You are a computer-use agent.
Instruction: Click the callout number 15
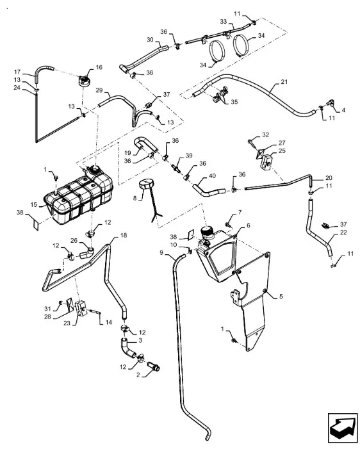coord(34,205)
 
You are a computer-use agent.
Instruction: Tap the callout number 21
coord(284,82)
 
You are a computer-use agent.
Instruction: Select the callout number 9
coord(161,252)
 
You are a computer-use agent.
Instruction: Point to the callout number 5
coord(281,296)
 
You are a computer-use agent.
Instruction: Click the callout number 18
coord(124,235)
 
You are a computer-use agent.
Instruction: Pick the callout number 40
coord(212,176)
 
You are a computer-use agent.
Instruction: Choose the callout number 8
coord(135,198)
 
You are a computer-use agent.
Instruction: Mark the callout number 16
coord(99,67)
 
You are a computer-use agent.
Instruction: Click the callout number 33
coord(224,22)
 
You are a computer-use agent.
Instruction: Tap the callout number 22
coord(343,232)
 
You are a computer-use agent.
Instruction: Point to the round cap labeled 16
coord(84,80)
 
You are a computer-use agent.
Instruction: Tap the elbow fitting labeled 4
coord(331,102)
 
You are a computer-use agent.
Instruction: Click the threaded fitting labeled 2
coord(153,366)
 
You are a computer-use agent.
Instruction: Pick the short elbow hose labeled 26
coord(86,252)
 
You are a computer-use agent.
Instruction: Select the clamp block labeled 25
coord(266,163)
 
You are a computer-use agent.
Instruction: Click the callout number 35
coord(234,102)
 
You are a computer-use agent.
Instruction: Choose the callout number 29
coord(99,90)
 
